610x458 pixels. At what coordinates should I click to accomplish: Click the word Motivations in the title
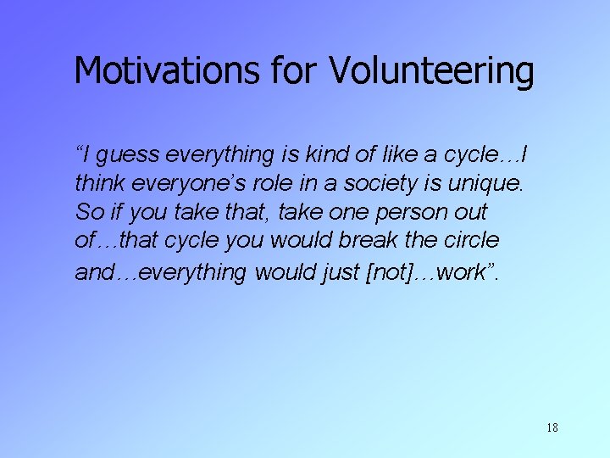166,71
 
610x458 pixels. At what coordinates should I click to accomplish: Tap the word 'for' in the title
294,71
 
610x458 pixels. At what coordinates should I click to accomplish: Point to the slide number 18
552,427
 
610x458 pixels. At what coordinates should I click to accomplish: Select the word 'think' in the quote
98,183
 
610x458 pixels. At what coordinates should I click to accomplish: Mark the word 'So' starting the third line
88,212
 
